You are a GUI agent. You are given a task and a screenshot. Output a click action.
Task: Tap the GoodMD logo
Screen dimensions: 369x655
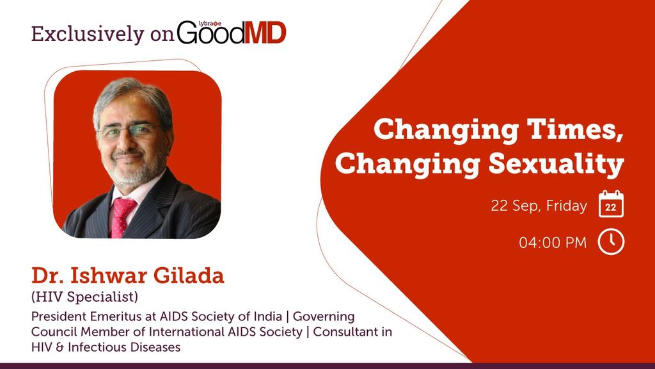(x=232, y=33)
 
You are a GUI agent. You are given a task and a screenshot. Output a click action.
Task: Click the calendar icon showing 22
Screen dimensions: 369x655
(x=611, y=205)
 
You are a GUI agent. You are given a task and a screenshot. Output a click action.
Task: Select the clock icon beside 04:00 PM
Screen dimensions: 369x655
(x=611, y=242)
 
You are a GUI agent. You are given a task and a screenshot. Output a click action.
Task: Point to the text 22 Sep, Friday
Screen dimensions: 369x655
(x=539, y=206)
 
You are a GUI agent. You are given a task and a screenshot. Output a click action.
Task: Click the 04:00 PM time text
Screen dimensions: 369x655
(x=552, y=243)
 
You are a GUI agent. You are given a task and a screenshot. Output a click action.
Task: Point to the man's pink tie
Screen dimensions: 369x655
(x=122, y=215)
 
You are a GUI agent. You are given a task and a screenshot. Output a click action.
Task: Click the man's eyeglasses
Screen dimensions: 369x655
(x=131, y=132)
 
